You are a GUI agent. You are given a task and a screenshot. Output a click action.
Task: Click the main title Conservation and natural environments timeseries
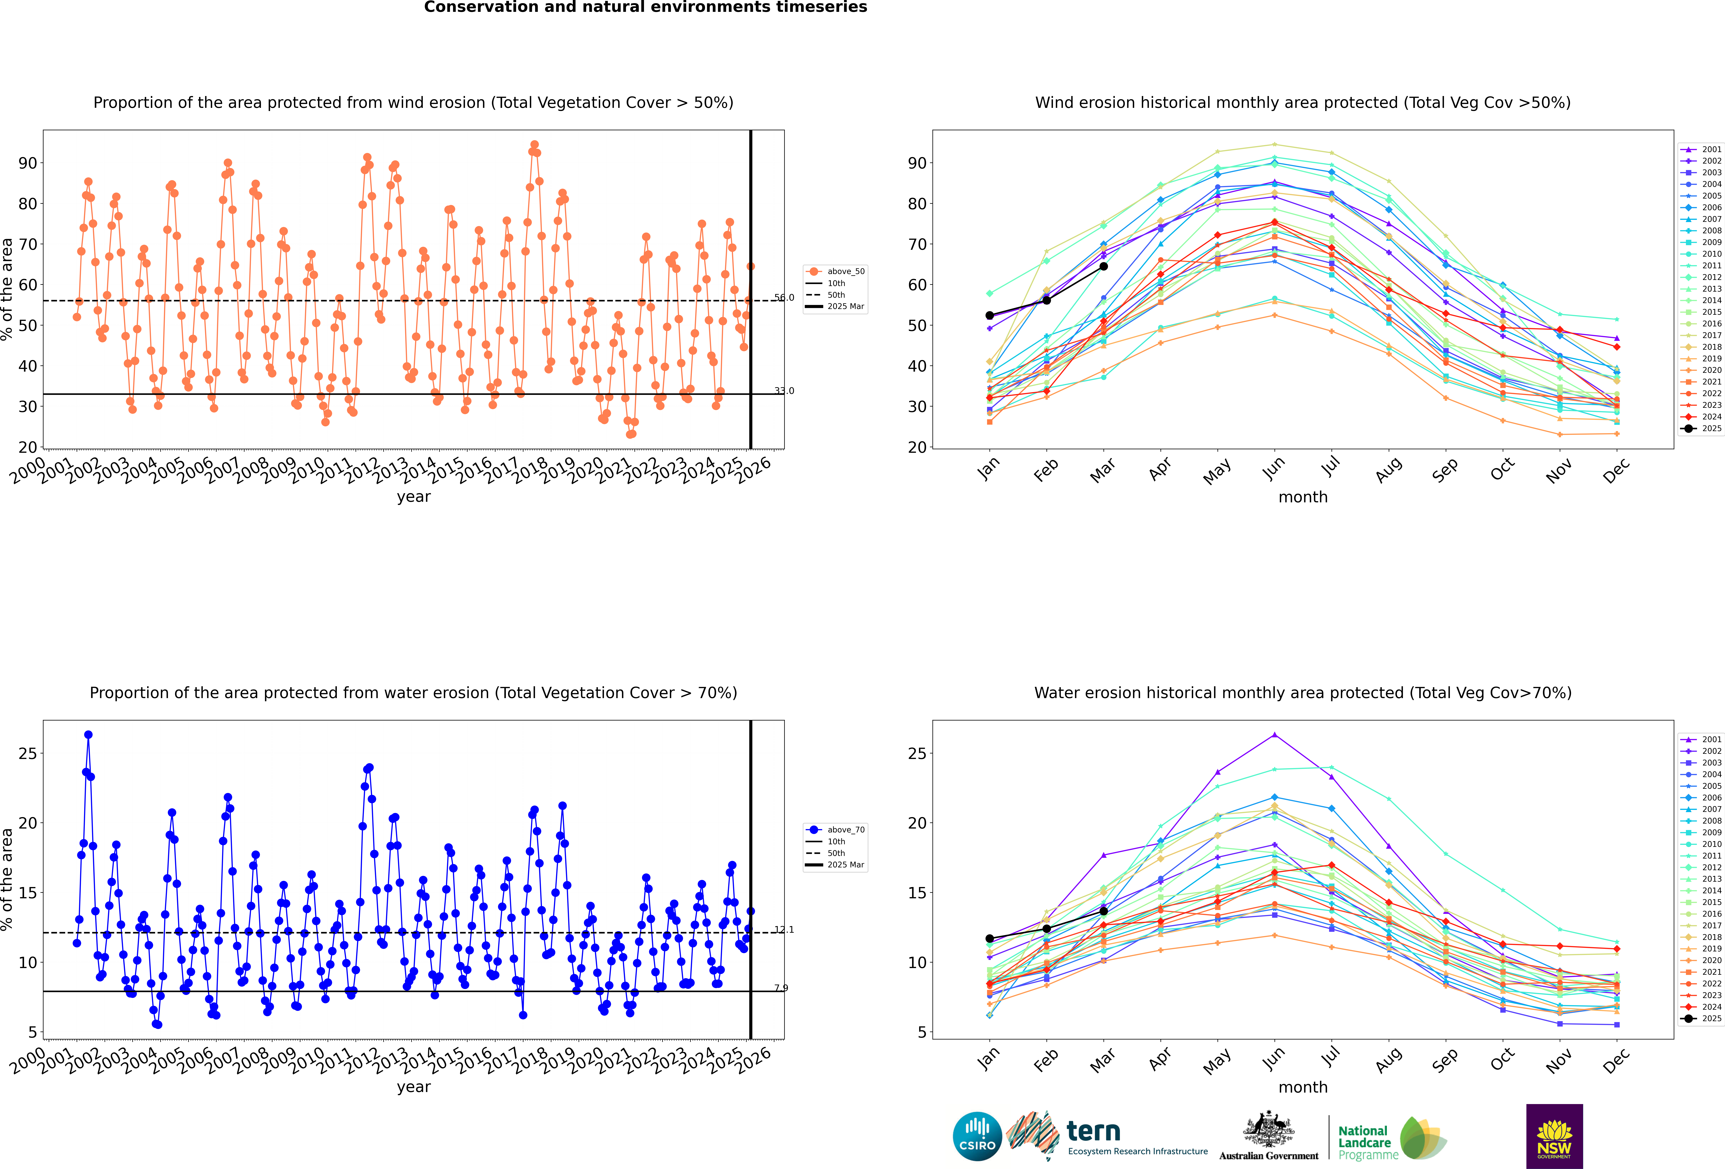coord(645,7)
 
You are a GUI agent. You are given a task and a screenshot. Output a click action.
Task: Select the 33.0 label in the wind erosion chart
coord(784,391)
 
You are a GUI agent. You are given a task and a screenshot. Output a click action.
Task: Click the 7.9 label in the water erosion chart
coord(781,988)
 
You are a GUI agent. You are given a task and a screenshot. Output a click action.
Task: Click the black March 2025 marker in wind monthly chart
coord(1104,266)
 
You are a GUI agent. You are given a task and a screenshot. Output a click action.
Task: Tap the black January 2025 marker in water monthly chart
coord(989,939)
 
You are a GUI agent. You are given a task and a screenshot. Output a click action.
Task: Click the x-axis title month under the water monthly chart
coord(1303,1087)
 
